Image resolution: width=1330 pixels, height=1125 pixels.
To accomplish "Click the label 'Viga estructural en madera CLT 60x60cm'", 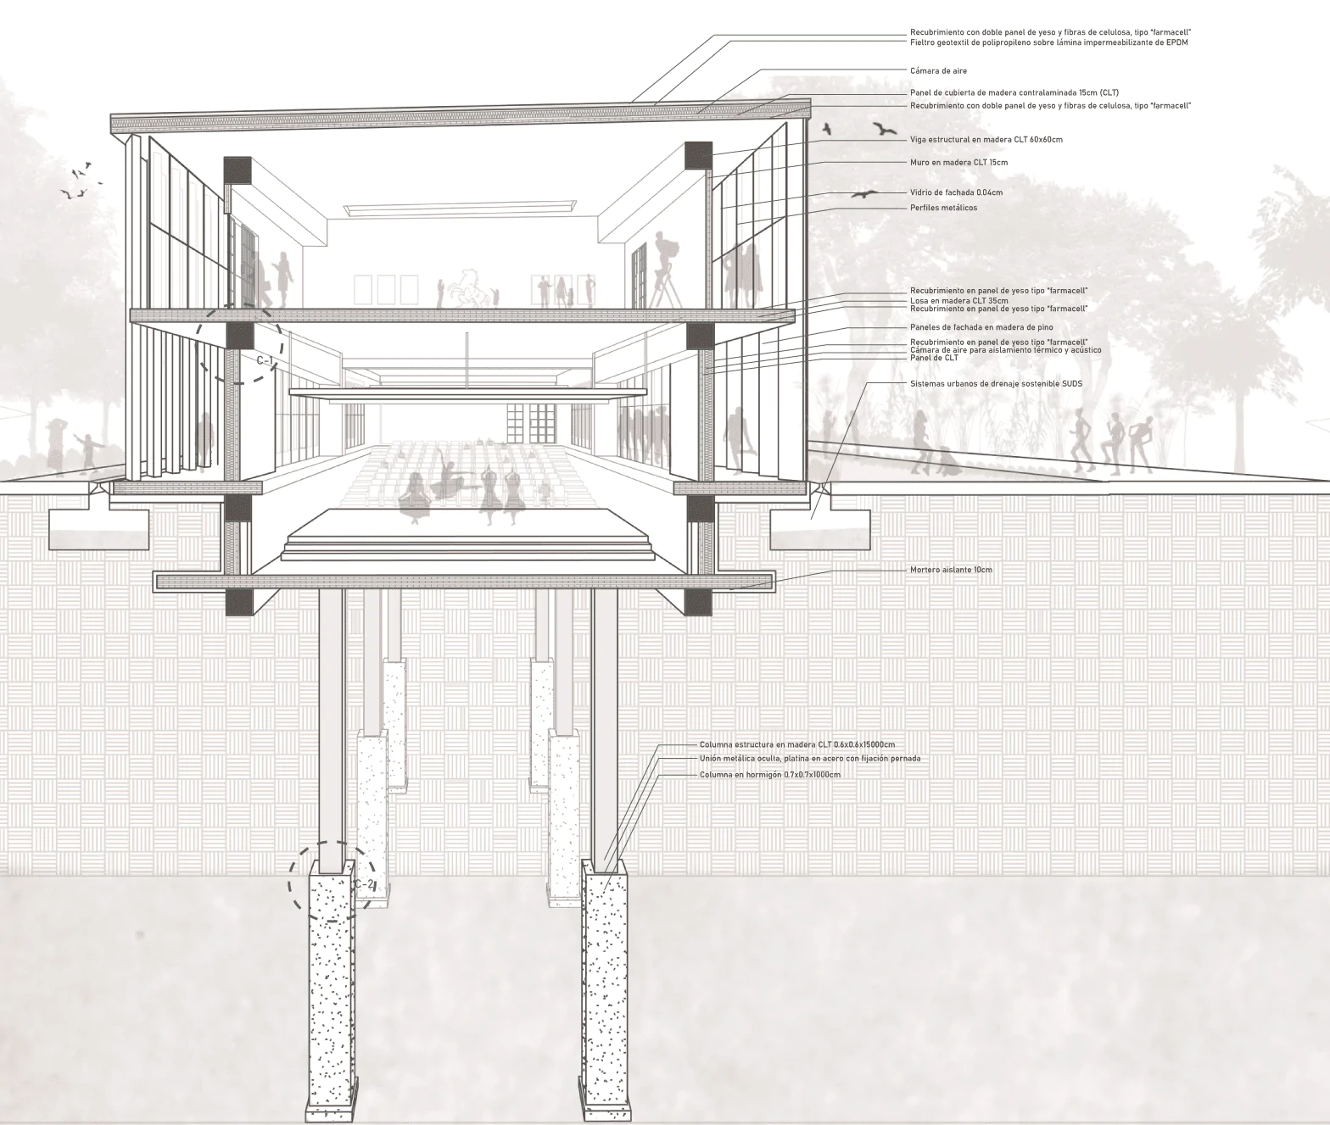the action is pyautogui.click(x=986, y=140).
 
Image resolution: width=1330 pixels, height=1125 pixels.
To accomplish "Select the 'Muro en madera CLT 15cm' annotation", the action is pyautogui.click(x=958, y=163).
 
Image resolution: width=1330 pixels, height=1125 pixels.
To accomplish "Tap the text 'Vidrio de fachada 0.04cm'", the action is pyautogui.click(x=956, y=192).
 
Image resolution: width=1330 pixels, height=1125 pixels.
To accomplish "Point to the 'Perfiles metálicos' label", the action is pyautogui.click(x=943, y=208).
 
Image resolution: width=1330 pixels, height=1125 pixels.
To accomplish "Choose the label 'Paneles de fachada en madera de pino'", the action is pyautogui.click(x=981, y=327).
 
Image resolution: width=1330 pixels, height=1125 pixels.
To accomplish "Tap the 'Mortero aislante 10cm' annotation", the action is pyautogui.click(x=951, y=570).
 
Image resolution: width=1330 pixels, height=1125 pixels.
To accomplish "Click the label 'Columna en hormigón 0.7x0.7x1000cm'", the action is pyautogui.click(x=770, y=775).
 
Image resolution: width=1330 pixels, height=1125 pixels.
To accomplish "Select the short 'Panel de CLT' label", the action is pyautogui.click(x=934, y=358).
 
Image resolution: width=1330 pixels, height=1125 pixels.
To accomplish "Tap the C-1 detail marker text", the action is pyautogui.click(x=265, y=361).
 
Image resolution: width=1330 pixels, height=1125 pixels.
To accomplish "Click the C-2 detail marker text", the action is pyautogui.click(x=364, y=884).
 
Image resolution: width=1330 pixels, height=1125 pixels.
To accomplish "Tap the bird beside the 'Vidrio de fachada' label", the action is pyautogui.click(x=865, y=193).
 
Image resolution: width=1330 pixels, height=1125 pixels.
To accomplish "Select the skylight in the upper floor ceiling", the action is pyautogui.click(x=461, y=208).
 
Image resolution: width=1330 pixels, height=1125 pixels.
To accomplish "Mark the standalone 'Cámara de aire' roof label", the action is pyautogui.click(x=938, y=71).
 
